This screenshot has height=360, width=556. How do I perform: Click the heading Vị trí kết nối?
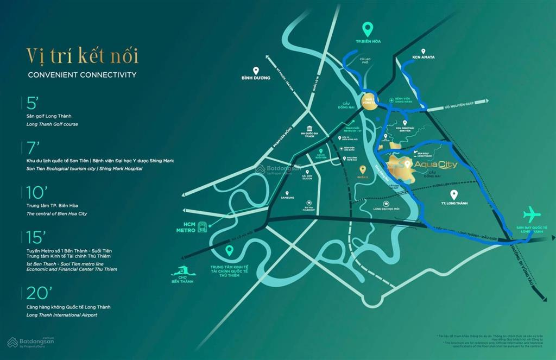click(x=82, y=56)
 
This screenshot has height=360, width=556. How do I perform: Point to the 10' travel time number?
click(x=36, y=193)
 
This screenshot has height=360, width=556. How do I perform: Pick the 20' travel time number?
click(x=39, y=293)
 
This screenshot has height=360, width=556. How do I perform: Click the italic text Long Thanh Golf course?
click(x=52, y=124)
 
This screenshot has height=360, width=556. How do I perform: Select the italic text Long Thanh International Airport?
click(x=61, y=315)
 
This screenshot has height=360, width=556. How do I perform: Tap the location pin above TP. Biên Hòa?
click(x=368, y=29)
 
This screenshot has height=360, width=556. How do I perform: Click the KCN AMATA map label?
click(x=424, y=56)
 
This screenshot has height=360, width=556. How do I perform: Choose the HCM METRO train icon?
click(x=203, y=226)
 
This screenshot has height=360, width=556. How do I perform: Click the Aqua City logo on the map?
click(x=432, y=165)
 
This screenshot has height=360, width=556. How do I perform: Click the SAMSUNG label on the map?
click(x=287, y=198)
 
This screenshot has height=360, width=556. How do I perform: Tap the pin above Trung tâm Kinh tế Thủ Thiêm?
click(x=230, y=250)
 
